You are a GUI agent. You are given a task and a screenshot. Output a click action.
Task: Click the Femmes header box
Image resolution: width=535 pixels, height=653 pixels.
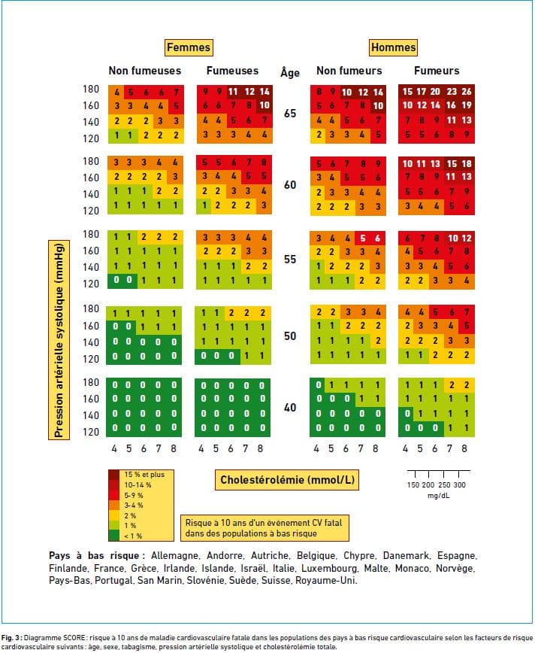pyautogui.click(x=189, y=47)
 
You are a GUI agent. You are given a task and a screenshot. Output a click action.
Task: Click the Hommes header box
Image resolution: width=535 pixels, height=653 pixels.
pyautogui.click(x=393, y=47)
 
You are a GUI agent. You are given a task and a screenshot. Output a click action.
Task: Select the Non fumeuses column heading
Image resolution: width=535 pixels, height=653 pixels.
pyautogui.click(x=145, y=71)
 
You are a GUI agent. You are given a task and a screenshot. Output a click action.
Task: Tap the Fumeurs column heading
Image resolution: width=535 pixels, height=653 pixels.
pyautogui.click(x=437, y=71)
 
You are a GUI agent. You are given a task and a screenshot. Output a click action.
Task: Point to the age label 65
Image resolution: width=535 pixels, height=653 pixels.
pyautogui.click(x=290, y=114)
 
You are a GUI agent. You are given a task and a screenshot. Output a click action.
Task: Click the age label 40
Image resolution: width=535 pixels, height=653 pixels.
pyautogui.click(x=290, y=408)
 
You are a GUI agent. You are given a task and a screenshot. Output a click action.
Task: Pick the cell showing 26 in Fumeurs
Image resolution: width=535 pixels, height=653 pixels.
pyautogui.click(x=467, y=92)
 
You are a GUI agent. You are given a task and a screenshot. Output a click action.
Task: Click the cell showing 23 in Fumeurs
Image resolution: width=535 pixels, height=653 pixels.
pyautogui.click(x=452, y=92)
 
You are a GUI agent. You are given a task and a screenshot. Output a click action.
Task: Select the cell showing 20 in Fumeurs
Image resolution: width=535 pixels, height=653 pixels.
pyautogui.click(x=436, y=92)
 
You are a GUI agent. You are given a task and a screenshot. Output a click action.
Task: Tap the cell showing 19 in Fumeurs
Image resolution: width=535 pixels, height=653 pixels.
pyautogui.click(x=467, y=105)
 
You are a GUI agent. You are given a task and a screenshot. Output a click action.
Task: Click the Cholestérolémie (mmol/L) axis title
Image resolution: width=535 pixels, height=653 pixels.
pyautogui.click(x=287, y=480)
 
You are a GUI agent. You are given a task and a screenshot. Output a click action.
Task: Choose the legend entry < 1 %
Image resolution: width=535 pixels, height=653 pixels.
pyautogui.click(x=133, y=536)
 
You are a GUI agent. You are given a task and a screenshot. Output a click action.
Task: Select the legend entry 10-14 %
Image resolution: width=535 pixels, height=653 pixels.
pyautogui.click(x=138, y=485)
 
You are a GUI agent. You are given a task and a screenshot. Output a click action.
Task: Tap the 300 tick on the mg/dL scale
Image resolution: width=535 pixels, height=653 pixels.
pyautogui.click(x=459, y=484)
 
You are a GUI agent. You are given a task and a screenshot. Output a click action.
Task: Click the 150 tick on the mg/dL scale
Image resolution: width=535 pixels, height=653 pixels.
pyautogui.click(x=413, y=484)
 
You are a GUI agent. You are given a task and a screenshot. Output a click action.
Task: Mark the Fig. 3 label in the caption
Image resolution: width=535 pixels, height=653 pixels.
pyautogui.click(x=11, y=638)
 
